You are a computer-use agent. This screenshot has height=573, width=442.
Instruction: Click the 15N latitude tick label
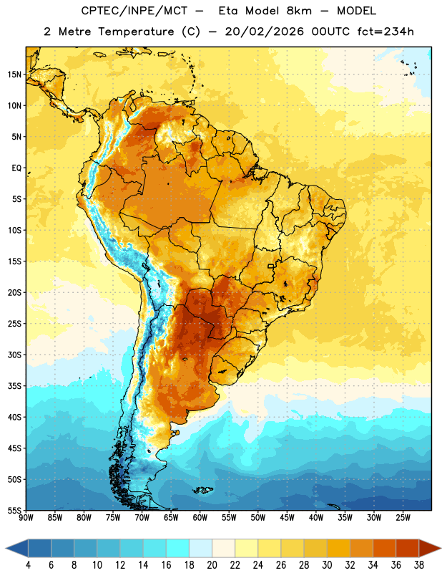click(x=14, y=74)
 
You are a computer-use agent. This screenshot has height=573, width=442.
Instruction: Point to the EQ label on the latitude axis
click(x=16, y=168)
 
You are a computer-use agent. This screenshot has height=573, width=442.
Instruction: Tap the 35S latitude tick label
click(x=14, y=386)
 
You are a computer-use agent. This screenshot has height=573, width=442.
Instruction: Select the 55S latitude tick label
click(x=14, y=511)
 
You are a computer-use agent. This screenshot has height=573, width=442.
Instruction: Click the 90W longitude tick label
click(x=26, y=518)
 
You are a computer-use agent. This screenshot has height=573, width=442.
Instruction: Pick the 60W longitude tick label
click(x=200, y=518)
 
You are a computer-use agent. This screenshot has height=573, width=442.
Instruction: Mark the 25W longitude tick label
click(x=403, y=518)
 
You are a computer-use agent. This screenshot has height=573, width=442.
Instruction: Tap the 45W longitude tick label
click(x=287, y=518)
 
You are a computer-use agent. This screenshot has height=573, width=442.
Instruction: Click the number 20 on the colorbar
click(x=212, y=565)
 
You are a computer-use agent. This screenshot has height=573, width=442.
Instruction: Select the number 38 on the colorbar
click(x=418, y=565)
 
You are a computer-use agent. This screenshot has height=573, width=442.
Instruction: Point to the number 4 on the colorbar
click(x=28, y=565)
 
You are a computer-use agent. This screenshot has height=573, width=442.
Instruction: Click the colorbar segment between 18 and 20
click(x=200, y=549)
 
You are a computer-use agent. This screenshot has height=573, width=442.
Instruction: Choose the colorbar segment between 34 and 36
click(x=384, y=549)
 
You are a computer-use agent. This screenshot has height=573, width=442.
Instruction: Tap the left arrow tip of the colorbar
click(x=6, y=549)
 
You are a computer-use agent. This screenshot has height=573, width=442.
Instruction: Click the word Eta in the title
click(x=227, y=11)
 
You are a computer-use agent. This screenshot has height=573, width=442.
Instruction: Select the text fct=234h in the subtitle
click(x=385, y=32)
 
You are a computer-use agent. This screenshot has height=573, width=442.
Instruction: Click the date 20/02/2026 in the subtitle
click(x=264, y=32)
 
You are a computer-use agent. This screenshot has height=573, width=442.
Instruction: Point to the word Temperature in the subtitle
click(x=136, y=32)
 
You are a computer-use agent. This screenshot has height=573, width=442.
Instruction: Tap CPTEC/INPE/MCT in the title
click(x=134, y=11)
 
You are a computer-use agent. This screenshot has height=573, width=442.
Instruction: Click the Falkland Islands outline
click(x=203, y=490)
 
